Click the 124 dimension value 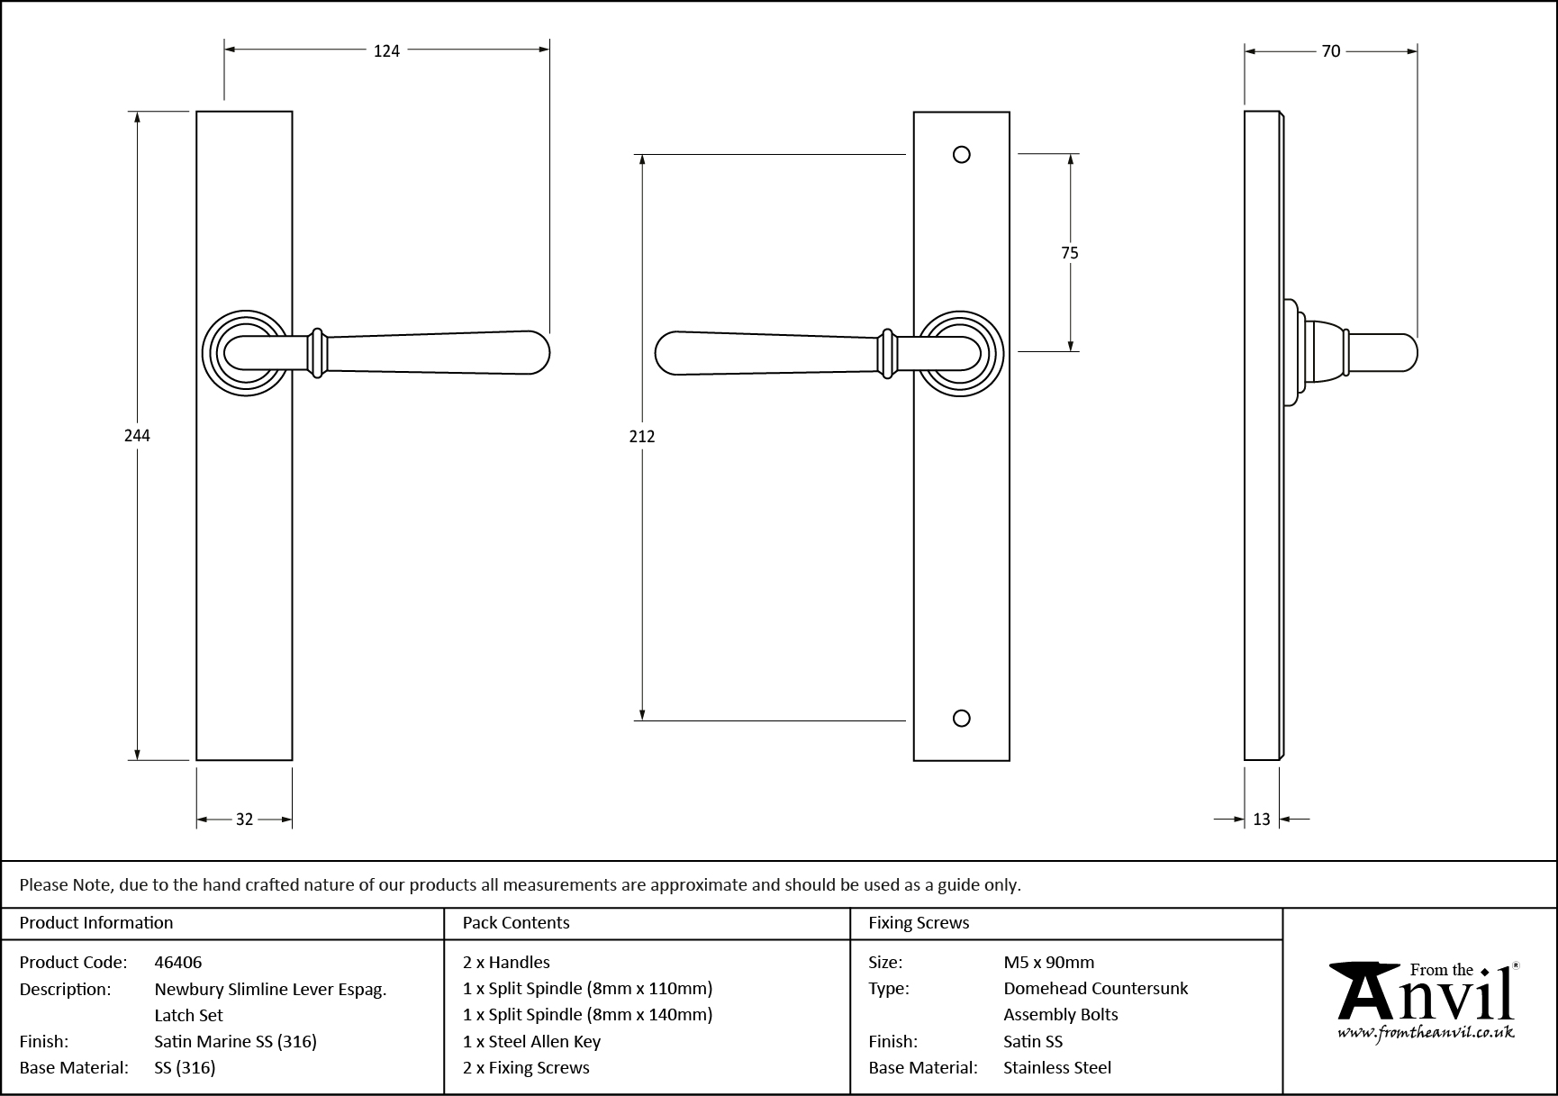pyautogui.click(x=386, y=51)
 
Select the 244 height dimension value pyautogui.click(x=137, y=436)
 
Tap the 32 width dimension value pyautogui.click(x=244, y=820)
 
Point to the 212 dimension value pyautogui.click(x=642, y=437)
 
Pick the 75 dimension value pyautogui.click(x=1070, y=253)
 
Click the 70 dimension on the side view pyautogui.click(x=1331, y=51)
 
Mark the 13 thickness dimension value pyautogui.click(x=1261, y=820)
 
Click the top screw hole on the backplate pyautogui.click(x=962, y=155)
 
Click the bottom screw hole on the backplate pyautogui.click(x=962, y=718)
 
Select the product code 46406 pyautogui.click(x=178, y=962)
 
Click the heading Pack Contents pyautogui.click(x=516, y=923)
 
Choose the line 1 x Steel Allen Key pyautogui.click(x=531, y=1042)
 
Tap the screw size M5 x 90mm pyautogui.click(x=1049, y=962)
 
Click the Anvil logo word pyautogui.click(x=1423, y=998)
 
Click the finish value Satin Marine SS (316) pyautogui.click(x=236, y=1042)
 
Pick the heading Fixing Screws pyautogui.click(x=919, y=923)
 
